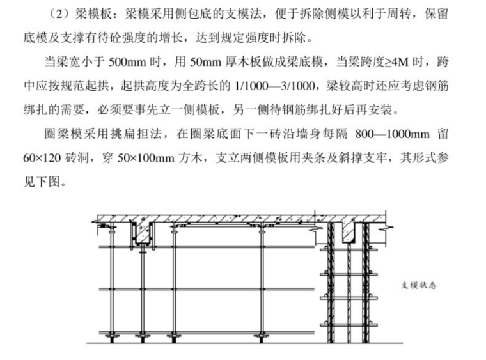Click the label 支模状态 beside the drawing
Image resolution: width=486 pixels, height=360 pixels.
418,286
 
